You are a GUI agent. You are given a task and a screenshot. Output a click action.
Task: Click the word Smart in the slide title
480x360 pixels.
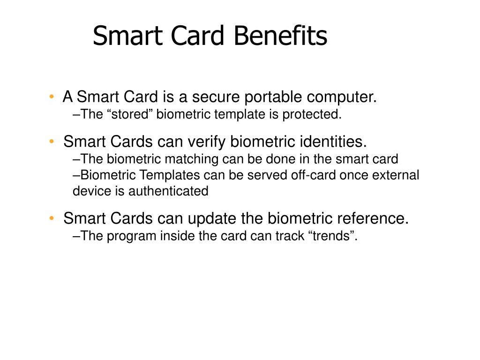(x=123, y=37)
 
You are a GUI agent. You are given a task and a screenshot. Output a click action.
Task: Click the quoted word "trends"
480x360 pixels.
(x=333, y=236)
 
